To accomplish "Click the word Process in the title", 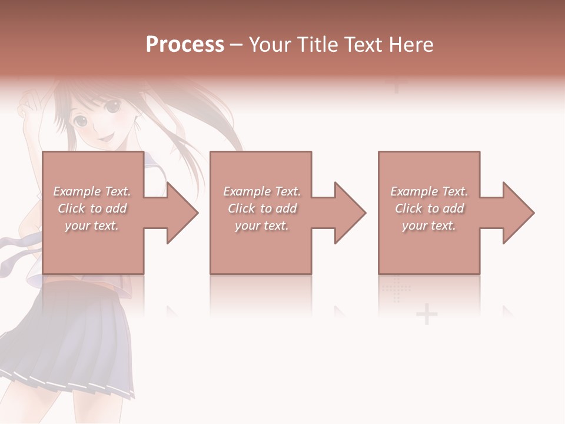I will click(x=185, y=45).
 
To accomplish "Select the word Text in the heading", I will click(x=362, y=45).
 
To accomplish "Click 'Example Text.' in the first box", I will click(x=92, y=191).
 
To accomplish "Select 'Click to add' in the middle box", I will click(x=262, y=208).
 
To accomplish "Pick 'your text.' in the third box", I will click(x=429, y=226).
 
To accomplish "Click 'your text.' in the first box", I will click(x=92, y=226).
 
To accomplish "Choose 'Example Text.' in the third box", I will click(x=429, y=191).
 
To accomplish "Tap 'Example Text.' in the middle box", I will click(x=262, y=191).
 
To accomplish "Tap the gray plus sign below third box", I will click(x=427, y=315).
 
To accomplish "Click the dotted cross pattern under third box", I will click(x=395, y=289).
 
